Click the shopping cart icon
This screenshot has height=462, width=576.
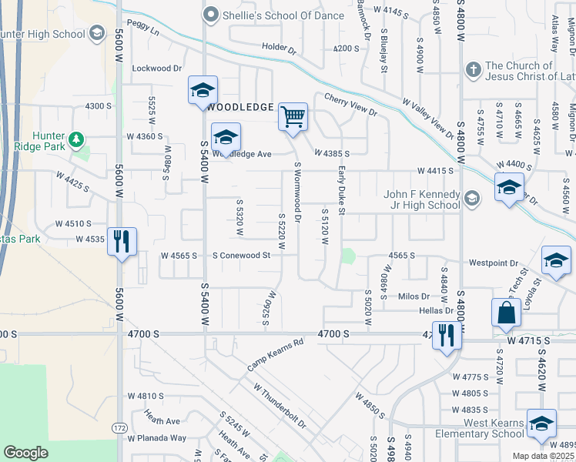pyautogui.click(x=293, y=118)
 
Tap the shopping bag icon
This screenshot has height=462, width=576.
pyautogui.click(x=506, y=313)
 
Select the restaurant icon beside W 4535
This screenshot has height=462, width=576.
pyautogui.click(x=122, y=242)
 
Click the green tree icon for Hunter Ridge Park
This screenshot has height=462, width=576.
pyautogui.click(x=75, y=139)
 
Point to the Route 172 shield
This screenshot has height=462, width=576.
pyautogui.click(x=120, y=426)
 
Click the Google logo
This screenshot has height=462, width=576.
pyautogui.click(x=25, y=453)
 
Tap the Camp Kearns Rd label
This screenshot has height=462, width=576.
pyautogui.click(x=276, y=356)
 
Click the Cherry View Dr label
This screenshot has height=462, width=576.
pyautogui.click(x=350, y=105)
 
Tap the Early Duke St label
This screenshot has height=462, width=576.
pyautogui.click(x=342, y=193)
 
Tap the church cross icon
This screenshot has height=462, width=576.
pyautogui.click(x=472, y=70)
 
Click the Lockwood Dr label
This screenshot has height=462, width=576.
pyautogui.click(x=156, y=69)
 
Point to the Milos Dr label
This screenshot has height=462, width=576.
pyautogui.click(x=414, y=296)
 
